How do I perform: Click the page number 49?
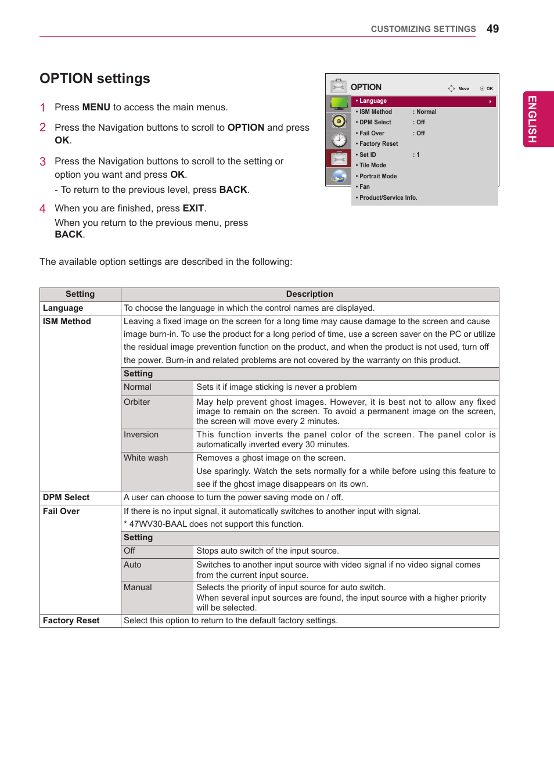tap(492, 29)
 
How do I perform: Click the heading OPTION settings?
tap(95, 78)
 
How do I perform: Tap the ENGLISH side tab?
tap(532, 119)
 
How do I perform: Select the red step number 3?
tap(42, 161)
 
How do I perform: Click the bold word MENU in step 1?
tap(96, 107)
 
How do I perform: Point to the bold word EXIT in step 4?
tap(193, 208)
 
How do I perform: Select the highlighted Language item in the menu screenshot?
tap(373, 101)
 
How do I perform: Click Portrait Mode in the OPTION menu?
tap(378, 176)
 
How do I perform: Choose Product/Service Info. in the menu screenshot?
tap(388, 197)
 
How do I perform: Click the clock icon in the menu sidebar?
tap(339, 140)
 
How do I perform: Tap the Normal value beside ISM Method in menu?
tap(426, 112)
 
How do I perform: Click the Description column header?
tap(310, 294)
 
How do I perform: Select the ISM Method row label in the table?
tap(67, 321)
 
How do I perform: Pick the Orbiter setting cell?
tap(137, 402)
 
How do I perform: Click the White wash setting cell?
tap(146, 458)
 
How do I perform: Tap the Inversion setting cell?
tap(141, 434)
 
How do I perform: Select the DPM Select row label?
tap(66, 497)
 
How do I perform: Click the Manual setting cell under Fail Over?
tap(138, 587)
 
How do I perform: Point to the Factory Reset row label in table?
tap(71, 620)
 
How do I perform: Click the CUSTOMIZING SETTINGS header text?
tap(423, 29)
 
